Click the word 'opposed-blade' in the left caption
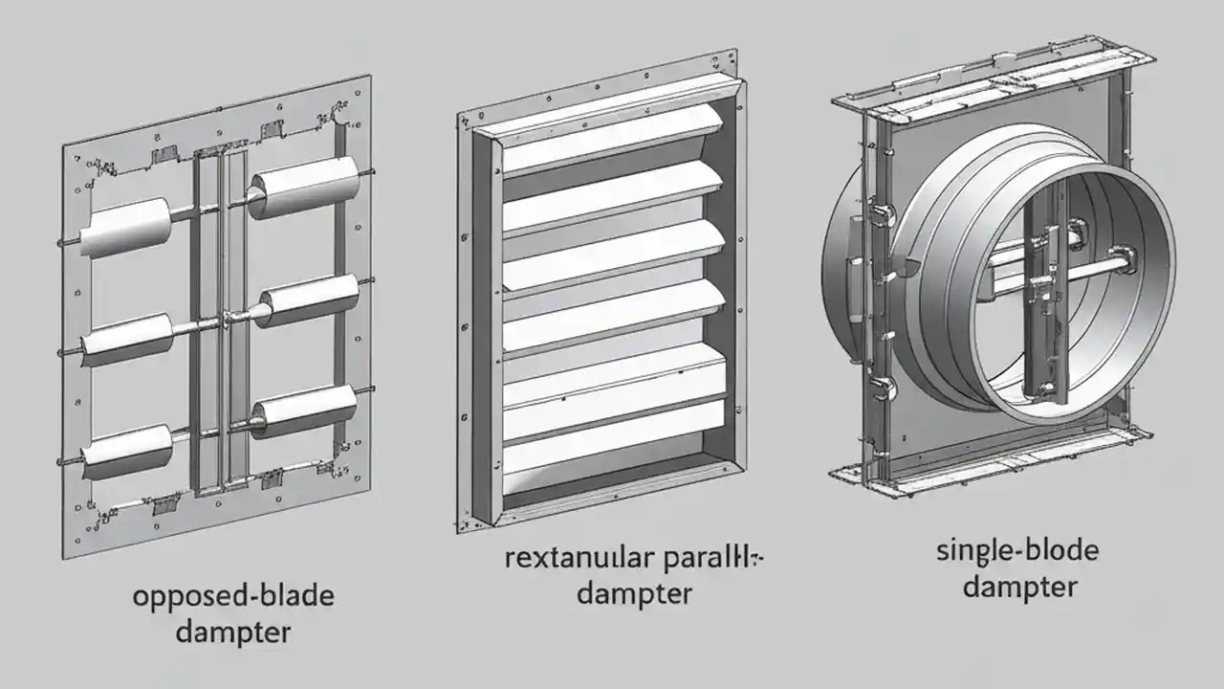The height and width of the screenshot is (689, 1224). [233, 597]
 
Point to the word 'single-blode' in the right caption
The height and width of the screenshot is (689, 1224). [1017, 551]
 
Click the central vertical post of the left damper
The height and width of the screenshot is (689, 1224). [223, 325]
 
